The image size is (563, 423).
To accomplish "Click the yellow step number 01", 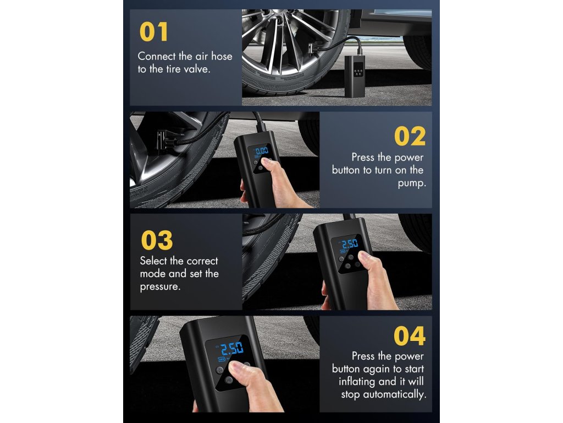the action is tap(153, 31).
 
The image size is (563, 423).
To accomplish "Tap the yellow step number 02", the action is tap(410, 137).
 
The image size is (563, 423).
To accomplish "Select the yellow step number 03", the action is tap(157, 240).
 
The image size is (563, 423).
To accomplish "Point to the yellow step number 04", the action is tap(410, 336).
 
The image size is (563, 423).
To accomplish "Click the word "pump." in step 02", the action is tap(412, 183).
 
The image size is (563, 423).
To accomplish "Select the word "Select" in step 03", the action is tap(153, 261).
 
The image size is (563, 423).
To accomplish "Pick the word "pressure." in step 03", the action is tap(160, 287).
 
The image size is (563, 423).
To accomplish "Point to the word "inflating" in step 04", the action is tap(357, 381).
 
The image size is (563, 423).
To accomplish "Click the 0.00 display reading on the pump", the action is tap(261, 151).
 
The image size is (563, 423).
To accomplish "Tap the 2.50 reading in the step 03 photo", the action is tap(350, 243).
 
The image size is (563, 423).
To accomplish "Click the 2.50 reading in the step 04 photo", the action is tap(232, 348).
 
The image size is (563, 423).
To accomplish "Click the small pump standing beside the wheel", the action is tap(355, 76).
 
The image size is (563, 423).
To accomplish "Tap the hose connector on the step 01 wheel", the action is tap(313, 48).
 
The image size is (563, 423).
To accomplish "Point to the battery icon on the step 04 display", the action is tap(221, 359).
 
